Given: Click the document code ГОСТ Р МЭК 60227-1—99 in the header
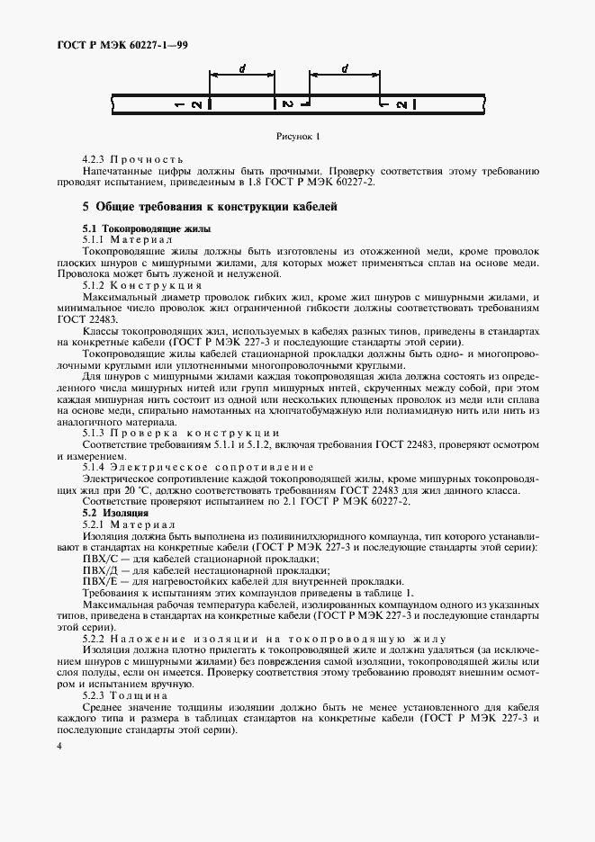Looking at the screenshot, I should pos(118,44).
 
